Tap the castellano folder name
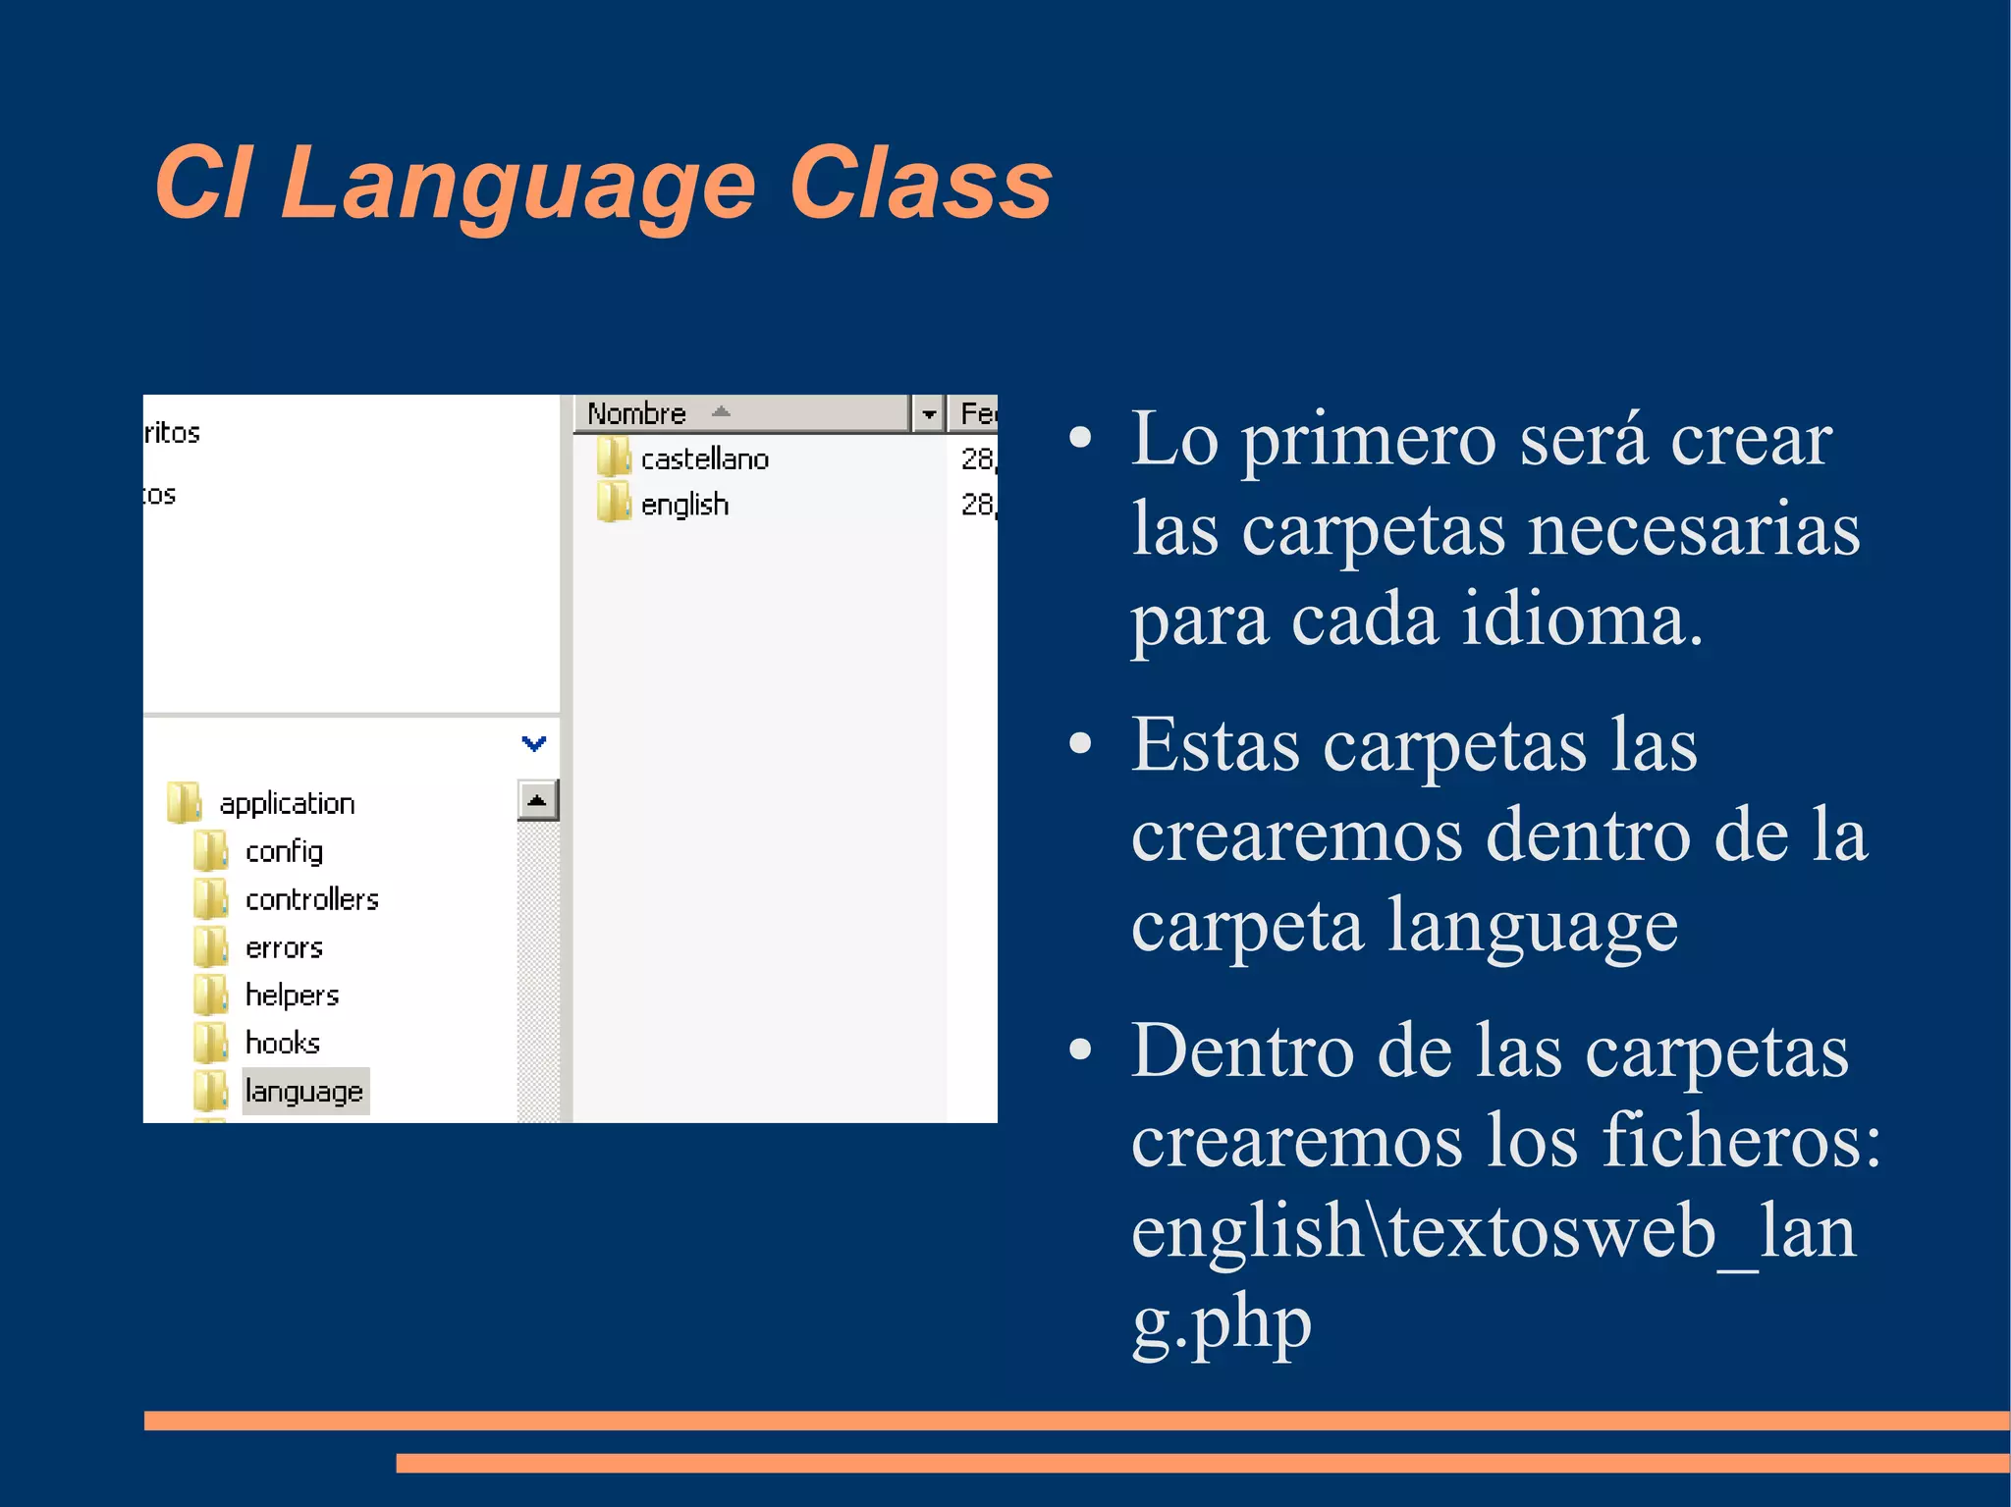click(704, 459)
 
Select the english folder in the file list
click(684, 505)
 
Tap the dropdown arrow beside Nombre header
click(928, 414)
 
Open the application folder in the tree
click(287, 803)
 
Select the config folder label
click(284, 851)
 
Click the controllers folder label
click(311, 899)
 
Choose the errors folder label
click(284, 947)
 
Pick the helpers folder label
click(292, 996)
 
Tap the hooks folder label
click(283, 1043)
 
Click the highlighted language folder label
click(304, 1091)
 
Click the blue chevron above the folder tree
click(533, 743)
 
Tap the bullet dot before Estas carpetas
click(1080, 743)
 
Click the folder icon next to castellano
click(614, 457)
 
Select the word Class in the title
click(920, 185)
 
